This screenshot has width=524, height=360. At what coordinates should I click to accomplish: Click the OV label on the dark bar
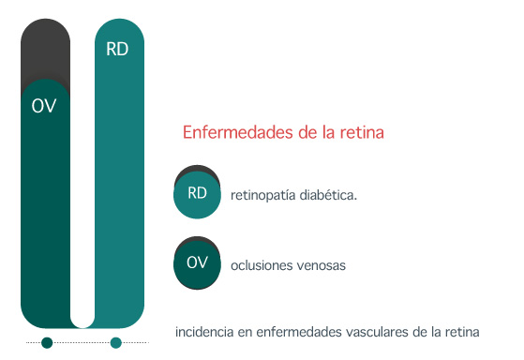pyautogui.click(x=44, y=106)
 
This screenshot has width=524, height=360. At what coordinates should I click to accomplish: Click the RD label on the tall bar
pyautogui.click(x=117, y=49)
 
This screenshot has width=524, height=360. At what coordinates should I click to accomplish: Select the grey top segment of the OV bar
pyautogui.click(x=45, y=50)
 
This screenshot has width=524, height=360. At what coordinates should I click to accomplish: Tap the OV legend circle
pyautogui.click(x=197, y=264)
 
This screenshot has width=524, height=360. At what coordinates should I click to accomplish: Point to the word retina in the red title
pyautogui.click(x=362, y=132)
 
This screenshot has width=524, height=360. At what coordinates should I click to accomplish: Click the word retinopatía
pyautogui.click(x=263, y=195)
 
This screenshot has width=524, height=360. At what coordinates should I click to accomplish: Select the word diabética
pyautogui.click(x=328, y=195)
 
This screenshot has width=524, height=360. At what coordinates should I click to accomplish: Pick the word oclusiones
pyautogui.click(x=262, y=265)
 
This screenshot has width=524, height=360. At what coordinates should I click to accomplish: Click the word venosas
pyautogui.click(x=322, y=265)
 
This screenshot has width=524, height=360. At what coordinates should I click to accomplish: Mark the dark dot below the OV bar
pyautogui.click(x=47, y=342)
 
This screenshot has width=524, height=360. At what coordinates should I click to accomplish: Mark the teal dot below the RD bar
pyautogui.click(x=116, y=342)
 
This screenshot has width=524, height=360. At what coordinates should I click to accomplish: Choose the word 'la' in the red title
pyautogui.click(x=328, y=132)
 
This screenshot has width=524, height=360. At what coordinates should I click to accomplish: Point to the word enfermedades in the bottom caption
pyautogui.click(x=299, y=332)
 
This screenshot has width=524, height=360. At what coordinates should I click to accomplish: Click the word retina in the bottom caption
pyautogui.click(x=462, y=332)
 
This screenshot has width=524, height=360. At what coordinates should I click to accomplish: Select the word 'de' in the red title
pyautogui.click(x=308, y=132)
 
